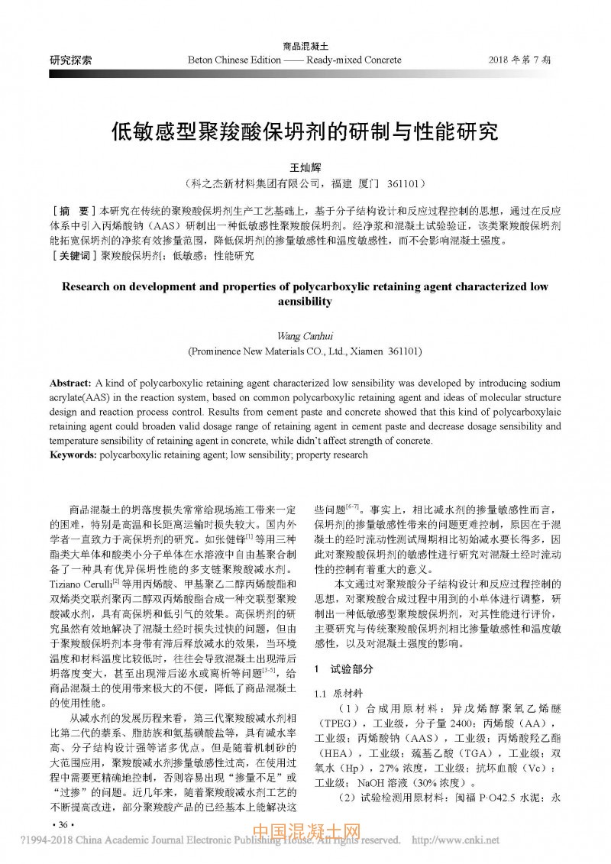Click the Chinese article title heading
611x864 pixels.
[305, 131]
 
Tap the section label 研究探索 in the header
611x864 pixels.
[71, 60]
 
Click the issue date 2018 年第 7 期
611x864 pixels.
[524, 60]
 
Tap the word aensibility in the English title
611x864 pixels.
[305, 302]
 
